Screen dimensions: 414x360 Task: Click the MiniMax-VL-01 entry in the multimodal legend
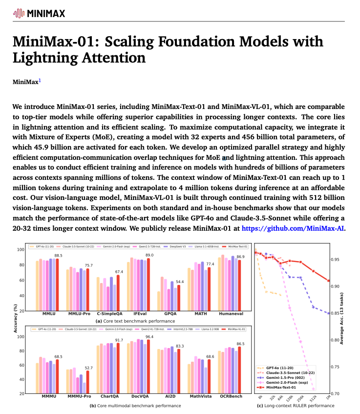point(235,329)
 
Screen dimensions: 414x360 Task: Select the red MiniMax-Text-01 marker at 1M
point(329,281)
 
